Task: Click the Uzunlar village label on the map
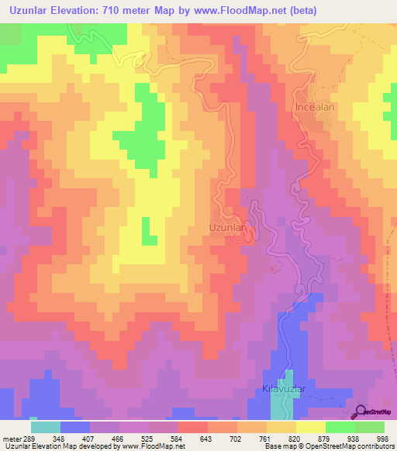[x=228, y=229]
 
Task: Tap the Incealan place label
[x=314, y=108]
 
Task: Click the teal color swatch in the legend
[x=46, y=426]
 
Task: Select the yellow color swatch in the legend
[x=310, y=426]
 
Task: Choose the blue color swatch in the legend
[x=75, y=426]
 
